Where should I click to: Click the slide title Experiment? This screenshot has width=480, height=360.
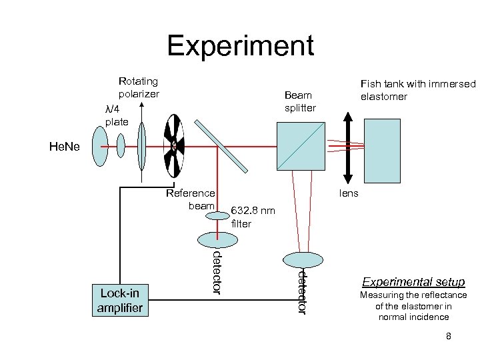tap(240, 46)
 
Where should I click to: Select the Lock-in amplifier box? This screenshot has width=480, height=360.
tap(120, 301)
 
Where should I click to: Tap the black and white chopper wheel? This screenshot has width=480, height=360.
tap(174, 145)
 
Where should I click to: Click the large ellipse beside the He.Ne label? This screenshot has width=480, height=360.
tap(100, 146)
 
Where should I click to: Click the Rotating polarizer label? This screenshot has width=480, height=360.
tap(139, 87)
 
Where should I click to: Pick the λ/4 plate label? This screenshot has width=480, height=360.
tap(117, 115)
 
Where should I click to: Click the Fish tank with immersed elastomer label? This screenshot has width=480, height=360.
tap(418, 90)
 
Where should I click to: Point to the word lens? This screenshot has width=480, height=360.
tap(349, 193)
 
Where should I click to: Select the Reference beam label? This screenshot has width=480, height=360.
tap(191, 199)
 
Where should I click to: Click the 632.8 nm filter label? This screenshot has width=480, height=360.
tap(251, 217)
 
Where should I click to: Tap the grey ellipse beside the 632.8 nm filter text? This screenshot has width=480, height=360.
tap(215, 238)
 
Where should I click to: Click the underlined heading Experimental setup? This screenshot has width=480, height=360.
tap(413, 282)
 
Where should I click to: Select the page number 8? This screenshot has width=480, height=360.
tap(449, 336)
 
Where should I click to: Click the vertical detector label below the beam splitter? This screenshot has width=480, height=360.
tap(302, 291)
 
